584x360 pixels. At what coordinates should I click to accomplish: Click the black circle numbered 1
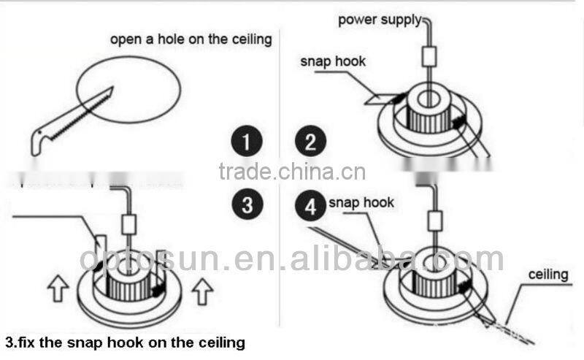pos(247,140)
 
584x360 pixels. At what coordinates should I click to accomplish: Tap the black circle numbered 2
pos(311,140)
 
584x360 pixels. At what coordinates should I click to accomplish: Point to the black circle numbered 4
pos(311,207)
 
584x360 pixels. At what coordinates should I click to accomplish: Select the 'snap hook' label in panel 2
pos(333,61)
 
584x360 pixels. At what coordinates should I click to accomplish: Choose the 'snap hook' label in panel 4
pos(361,202)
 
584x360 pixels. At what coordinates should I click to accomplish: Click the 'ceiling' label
pos(547,275)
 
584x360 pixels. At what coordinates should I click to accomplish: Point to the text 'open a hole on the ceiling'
pos(191,39)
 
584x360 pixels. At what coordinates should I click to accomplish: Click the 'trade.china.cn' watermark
pos(292,172)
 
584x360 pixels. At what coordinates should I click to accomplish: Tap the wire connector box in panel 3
pos(129,224)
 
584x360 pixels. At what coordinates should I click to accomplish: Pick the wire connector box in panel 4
pos(436,220)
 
